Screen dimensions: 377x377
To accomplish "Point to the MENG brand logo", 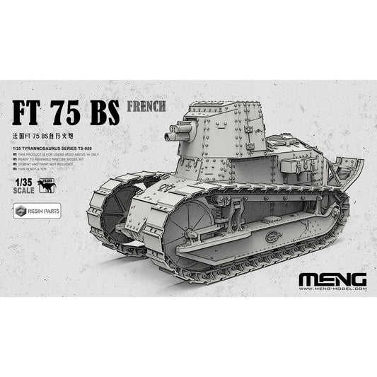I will (329, 274).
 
